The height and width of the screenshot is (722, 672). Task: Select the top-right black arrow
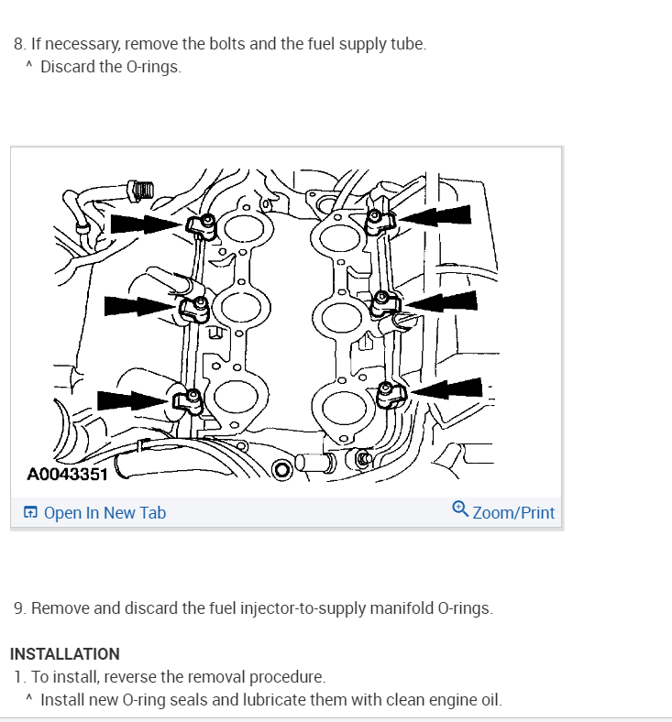click(x=437, y=216)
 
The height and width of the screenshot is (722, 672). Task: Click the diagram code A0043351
click(x=68, y=475)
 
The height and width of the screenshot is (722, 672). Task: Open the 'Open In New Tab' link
click(x=105, y=513)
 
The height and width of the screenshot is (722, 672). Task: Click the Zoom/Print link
click(x=513, y=513)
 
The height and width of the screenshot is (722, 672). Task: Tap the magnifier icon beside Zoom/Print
click(x=460, y=509)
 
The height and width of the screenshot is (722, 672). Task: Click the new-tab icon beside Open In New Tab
click(x=31, y=513)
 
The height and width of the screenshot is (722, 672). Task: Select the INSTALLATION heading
click(x=65, y=654)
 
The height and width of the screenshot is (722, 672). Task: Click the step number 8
click(x=18, y=44)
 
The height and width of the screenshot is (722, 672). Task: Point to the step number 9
click(x=18, y=608)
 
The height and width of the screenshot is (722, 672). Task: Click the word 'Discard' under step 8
click(x=67, y=67)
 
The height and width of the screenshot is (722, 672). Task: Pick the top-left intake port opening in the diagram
click(x=242, y=229)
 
